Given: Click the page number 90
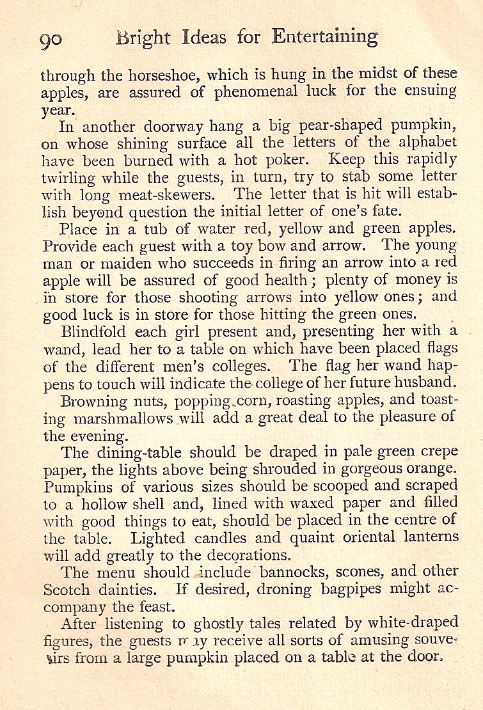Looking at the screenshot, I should (x=51, y=39).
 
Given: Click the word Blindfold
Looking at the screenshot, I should (x=93, y=332).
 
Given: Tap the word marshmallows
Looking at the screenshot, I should (x=124, y=418).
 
